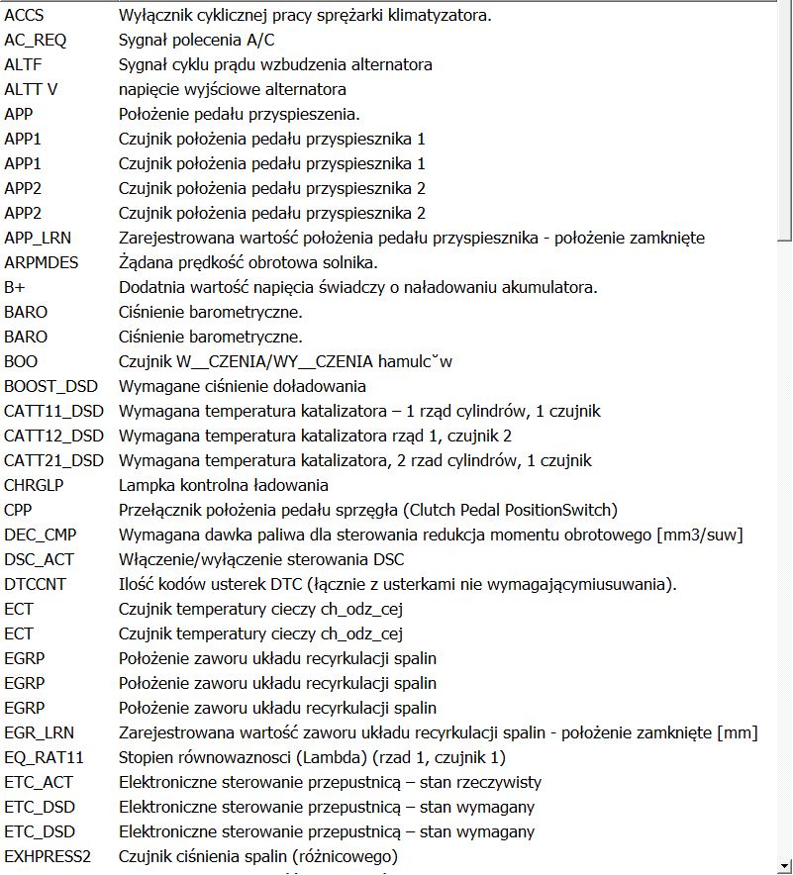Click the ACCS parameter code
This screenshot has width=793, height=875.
(24, 16)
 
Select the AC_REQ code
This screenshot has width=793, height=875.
(33, 41)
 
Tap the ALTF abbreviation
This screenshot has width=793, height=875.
(24, 65)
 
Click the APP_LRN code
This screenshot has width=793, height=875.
(38, 239)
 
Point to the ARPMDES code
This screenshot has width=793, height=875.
(41, 263)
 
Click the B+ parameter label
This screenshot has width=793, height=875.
(14, 288)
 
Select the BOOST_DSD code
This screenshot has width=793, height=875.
(49, 387)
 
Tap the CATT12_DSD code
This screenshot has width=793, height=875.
(53, 437)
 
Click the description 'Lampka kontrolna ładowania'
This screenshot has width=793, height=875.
(223, 486)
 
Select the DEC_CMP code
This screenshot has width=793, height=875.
(40, 535)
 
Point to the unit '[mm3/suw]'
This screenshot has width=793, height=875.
(709, 535)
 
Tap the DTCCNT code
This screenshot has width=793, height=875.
(35, 585)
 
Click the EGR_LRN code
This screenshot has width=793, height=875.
(39, 733)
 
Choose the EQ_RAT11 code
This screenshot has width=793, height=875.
(44, 758)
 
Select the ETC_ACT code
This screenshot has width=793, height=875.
(39, 783)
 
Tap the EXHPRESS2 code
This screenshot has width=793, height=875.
(48, 857)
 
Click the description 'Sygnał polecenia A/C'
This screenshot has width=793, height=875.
(196, 41)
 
